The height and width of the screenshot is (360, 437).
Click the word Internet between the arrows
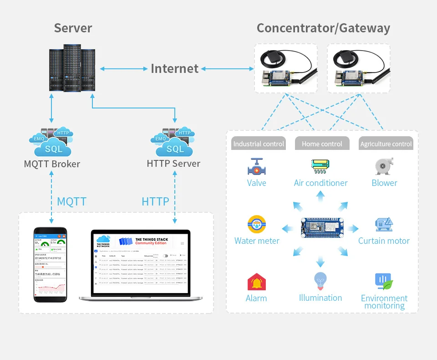pos(175,69)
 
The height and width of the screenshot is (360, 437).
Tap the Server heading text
pos(73,28)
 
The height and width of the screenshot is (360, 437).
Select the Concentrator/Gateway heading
pos(323,28)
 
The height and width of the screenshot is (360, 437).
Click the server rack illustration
pos(73,68)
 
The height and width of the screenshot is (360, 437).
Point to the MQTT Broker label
pos(52,164)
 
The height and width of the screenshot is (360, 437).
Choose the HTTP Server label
pos(173,163)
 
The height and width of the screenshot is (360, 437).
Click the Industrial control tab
pos(259,144)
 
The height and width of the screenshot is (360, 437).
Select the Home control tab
pos(322,144)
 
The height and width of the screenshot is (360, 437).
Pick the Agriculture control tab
pos(386,144)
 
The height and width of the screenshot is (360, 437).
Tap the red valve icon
pos(257,167)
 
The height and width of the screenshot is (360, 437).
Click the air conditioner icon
pos(320,166)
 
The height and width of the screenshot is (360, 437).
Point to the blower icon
pos(384,166)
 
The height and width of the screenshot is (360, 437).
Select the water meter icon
pos(257,224)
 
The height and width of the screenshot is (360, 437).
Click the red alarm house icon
pos(256,282)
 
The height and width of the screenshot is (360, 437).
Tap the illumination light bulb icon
pos(320,281)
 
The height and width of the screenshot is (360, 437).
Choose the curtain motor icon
pos(384,224)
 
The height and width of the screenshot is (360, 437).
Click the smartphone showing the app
pos(50,264)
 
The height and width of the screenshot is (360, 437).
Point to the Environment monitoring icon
pos(384,282)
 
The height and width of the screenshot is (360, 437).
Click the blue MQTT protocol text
pos(71,201)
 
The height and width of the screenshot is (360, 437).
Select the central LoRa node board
pos(322,227)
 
